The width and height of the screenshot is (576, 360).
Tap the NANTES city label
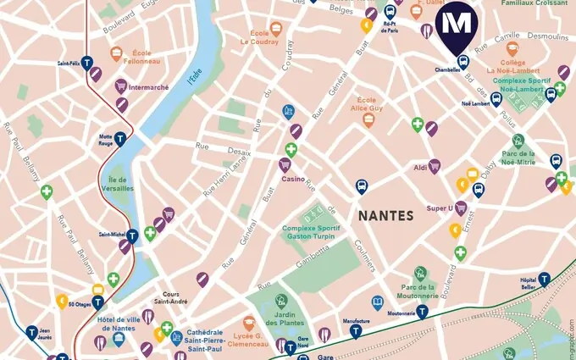pyautogui.click(x=386, y=215)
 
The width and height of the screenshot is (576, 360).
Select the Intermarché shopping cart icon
pyautogui.click(x=121, y=86)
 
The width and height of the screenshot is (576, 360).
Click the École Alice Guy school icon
pyautogui.click(x=368, y=120)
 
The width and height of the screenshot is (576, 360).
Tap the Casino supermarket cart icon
pyautogui.click(x=285, y=164)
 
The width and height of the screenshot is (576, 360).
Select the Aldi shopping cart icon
pyautogui.click(x=435, y=166)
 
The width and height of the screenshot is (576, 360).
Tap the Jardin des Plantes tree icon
pyautogui.click(x=281, y=302)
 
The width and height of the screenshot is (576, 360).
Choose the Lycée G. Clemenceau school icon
pyautogui.click(x=249, y=324)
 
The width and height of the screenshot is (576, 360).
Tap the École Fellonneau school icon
pyautogui.click(x=117, y=54)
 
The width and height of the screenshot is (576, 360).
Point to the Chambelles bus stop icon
pyautogui.click(x=462, y=61)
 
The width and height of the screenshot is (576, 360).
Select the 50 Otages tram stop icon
pyautogui.click(x=98, y=302)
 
